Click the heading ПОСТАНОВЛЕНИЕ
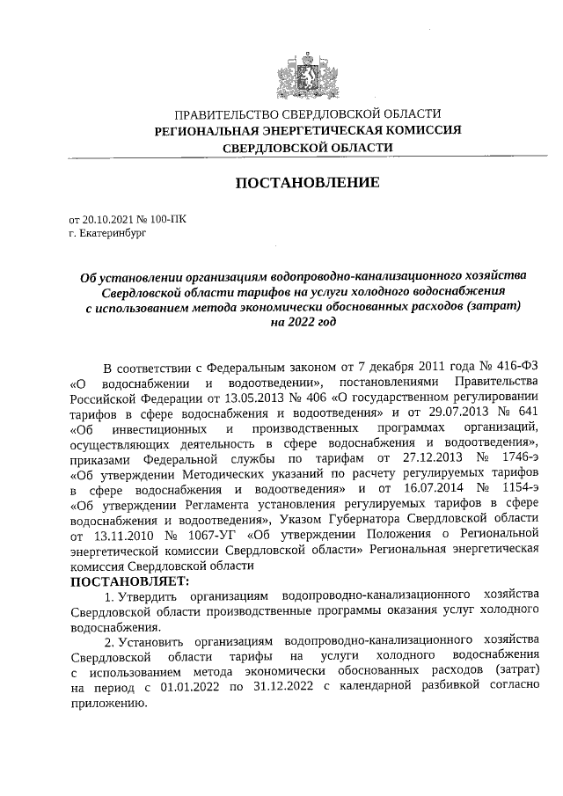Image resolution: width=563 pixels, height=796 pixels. click(307, 183)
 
